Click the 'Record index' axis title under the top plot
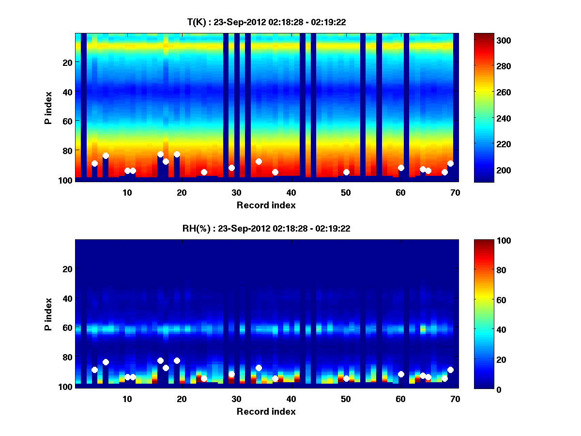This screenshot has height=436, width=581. coord(266,205)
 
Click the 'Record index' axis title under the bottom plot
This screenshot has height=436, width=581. coord(266,411)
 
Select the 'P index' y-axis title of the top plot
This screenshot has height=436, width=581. coord(48,108)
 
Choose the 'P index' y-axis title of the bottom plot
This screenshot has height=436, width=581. coord(48,314)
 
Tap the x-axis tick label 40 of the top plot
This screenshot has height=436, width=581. coord(291,192)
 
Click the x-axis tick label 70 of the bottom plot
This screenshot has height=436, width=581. coord(455,398)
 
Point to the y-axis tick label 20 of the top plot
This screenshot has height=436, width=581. coord(67,62)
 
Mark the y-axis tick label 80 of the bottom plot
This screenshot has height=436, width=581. coord(67,357)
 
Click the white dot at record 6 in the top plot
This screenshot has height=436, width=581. coord(106,156)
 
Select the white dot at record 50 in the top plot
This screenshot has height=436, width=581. coord(346,172)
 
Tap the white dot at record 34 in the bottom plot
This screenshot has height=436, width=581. coord(259,368)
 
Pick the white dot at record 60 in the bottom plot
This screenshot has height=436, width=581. coord(401,374)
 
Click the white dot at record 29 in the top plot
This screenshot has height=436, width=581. coord(231,168)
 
